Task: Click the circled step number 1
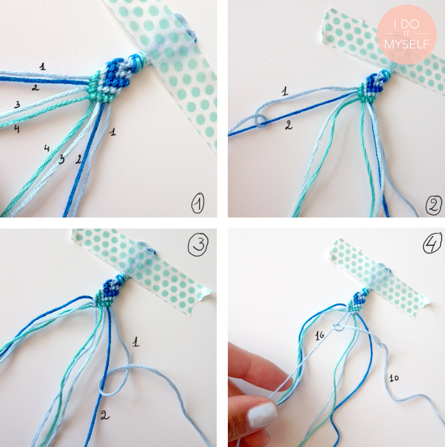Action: click(198, 203)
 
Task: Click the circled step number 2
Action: click(433, 205)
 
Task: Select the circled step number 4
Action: click(433, 244)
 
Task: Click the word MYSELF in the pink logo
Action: click(406, 44)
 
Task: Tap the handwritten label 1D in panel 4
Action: click(394, 378)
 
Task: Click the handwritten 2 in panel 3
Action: click(105, 415)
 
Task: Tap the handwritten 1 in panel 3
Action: click(136, 342)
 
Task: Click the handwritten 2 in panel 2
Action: click(289, 125)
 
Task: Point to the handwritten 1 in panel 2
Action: click(285, 91)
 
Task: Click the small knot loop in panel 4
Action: click(337, 327)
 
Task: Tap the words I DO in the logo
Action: click(407, 24)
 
